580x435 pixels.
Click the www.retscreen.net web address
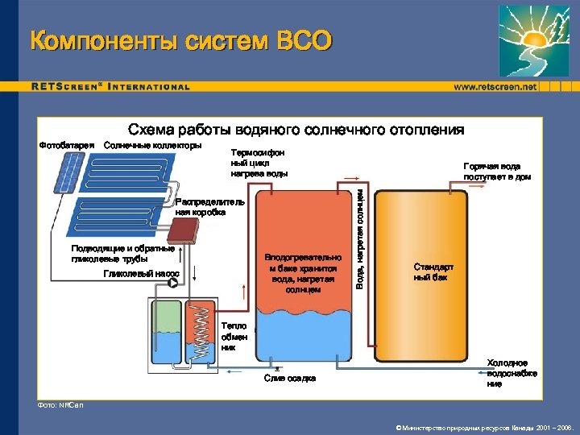click(495, 86)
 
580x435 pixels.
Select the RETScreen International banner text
click(111, 86)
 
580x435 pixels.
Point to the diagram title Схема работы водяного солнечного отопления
click(296, 130)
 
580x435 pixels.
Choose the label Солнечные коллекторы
click(153, 145)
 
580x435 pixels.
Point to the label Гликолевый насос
click(141, 274)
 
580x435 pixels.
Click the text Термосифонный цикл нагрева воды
click(258, 162)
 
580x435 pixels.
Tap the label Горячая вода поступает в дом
click(496, 171)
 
